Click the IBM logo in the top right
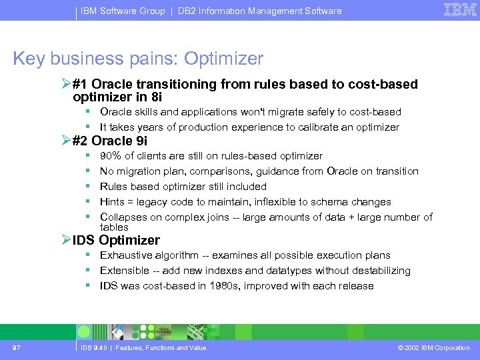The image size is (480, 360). click(x=461, y=10)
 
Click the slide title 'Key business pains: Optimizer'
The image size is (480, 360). click(x=138, y=59)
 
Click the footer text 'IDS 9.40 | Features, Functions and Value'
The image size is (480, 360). click(x=143, y=347)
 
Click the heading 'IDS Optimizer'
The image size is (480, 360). click(x=116, y=240)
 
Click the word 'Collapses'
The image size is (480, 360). click(x=123, y=217)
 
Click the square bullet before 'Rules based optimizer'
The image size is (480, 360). click(x=87, y=187)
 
